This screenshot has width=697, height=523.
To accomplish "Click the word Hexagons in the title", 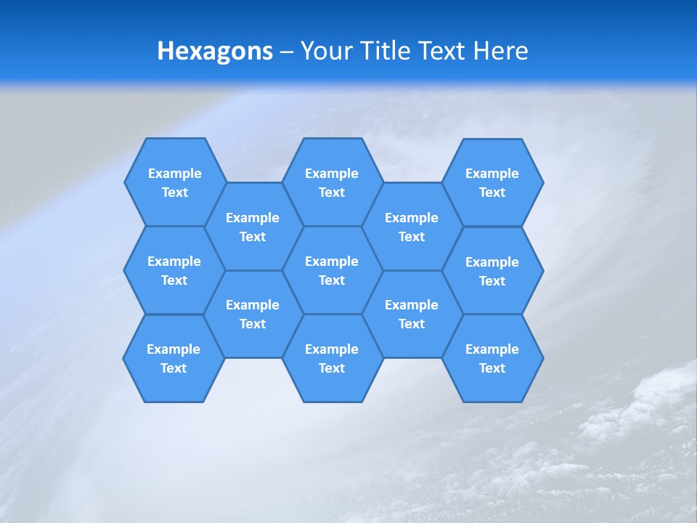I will [x=215, y=51].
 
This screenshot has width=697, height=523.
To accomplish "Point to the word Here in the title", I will [x=500, y=51].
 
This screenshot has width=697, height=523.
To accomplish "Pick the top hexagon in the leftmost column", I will [x=174, y=182].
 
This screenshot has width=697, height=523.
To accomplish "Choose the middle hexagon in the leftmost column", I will [x=174, y=270].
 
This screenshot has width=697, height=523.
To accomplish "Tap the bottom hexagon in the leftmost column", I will [x=174, y=358].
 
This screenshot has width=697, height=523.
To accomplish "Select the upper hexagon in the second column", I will [x=253, y=227].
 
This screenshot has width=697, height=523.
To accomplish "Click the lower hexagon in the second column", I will [x=253, y=314].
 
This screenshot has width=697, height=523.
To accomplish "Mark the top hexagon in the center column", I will [x=332, y=182].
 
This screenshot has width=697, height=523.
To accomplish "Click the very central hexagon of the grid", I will [x=332, y=270].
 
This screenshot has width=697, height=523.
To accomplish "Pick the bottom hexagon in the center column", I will [x=332, y=358].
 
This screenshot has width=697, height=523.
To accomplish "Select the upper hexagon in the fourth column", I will [x=412, y=227].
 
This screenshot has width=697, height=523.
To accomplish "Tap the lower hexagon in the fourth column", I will [x=412, y=314].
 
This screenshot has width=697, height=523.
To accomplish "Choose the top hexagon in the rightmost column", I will [x=492, y=182].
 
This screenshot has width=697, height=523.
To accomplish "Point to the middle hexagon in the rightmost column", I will [x=492, y=271].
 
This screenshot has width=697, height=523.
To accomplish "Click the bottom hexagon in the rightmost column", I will [x=492, y=358].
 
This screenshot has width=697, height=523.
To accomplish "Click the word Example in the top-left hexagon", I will [x=174, y=174].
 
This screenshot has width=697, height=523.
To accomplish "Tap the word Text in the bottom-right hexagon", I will [x=492, y=368].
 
